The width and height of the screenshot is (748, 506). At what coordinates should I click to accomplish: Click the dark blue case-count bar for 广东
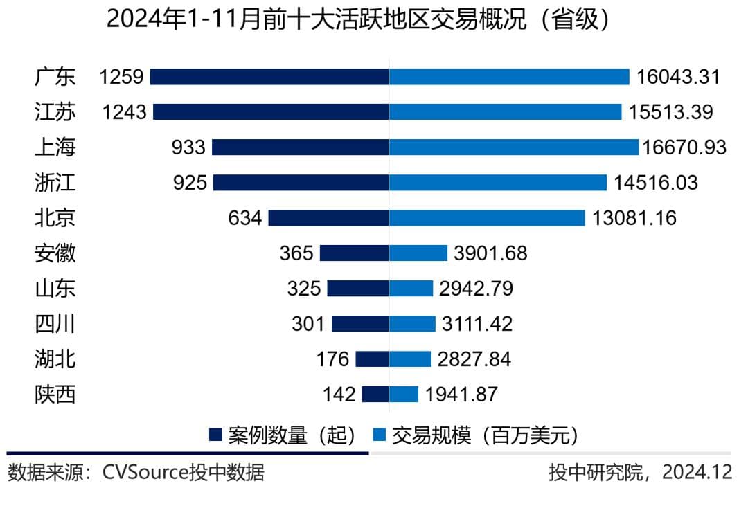coord(269,76)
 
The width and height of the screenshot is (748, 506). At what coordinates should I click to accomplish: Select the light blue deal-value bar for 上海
coord(513,147)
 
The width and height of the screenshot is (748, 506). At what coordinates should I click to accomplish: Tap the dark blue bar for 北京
coord(328,218)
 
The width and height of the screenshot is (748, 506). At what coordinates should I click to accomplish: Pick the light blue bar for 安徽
coord(418,253)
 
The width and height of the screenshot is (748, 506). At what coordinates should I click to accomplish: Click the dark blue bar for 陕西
coord(375,395)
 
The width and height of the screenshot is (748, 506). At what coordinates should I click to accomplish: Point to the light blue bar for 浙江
coord(498,183)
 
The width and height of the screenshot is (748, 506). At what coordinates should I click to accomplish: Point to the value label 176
coord(332,359)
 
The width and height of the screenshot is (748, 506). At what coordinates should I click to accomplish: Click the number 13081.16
coord(634,218)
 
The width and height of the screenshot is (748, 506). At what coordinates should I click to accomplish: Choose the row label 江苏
coord(55,111)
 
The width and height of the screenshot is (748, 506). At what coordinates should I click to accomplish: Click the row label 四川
coord(55,324)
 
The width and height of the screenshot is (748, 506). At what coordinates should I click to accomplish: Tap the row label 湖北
coord(55,359)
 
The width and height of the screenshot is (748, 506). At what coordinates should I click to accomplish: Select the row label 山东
coord(55,289)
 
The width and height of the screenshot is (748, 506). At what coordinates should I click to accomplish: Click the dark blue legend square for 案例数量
coord(215,435)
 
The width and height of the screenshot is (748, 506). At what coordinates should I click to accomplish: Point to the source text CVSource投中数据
coord(183,473)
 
